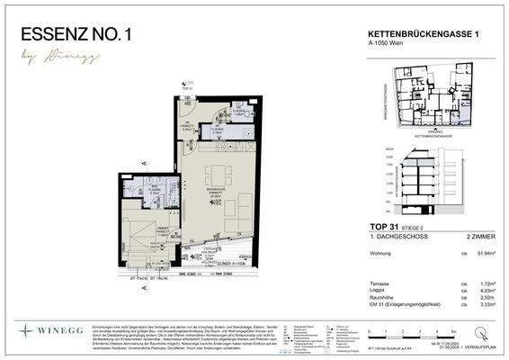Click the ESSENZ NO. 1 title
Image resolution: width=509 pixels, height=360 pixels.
pyautogui.click(x=76, y=35)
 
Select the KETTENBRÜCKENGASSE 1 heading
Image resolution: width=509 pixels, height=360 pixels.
pyautogui.click(x=421, y=33)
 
